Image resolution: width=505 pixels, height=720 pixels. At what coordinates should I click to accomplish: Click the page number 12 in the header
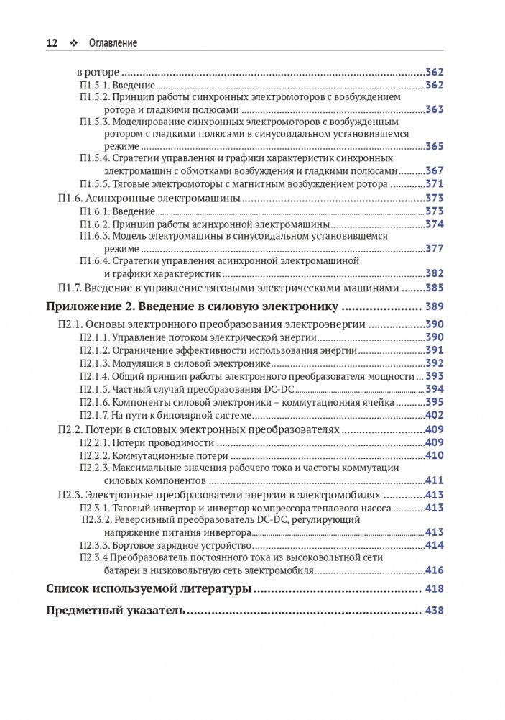tap(52, 43)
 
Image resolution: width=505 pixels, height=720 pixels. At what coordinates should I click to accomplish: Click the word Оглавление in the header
tap(113, 43)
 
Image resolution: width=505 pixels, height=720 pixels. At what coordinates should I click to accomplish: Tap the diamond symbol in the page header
tap(73, 43)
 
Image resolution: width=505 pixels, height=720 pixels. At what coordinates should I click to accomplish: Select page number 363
tap(434, 110)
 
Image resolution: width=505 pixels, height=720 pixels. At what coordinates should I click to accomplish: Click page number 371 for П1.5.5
tap(434, 184)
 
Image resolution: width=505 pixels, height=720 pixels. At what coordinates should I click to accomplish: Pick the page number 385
tap(434, 288)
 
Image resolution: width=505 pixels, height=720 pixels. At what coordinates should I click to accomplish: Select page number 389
tap(434, 307)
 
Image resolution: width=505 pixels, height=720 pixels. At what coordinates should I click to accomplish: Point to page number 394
tap(434, 389)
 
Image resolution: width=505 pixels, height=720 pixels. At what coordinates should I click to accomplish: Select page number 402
tap(434, 415)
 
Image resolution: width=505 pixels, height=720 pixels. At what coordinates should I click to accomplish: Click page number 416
tap(434, 570)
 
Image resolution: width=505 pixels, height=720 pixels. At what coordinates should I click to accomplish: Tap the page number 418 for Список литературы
tap(434, 589)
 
